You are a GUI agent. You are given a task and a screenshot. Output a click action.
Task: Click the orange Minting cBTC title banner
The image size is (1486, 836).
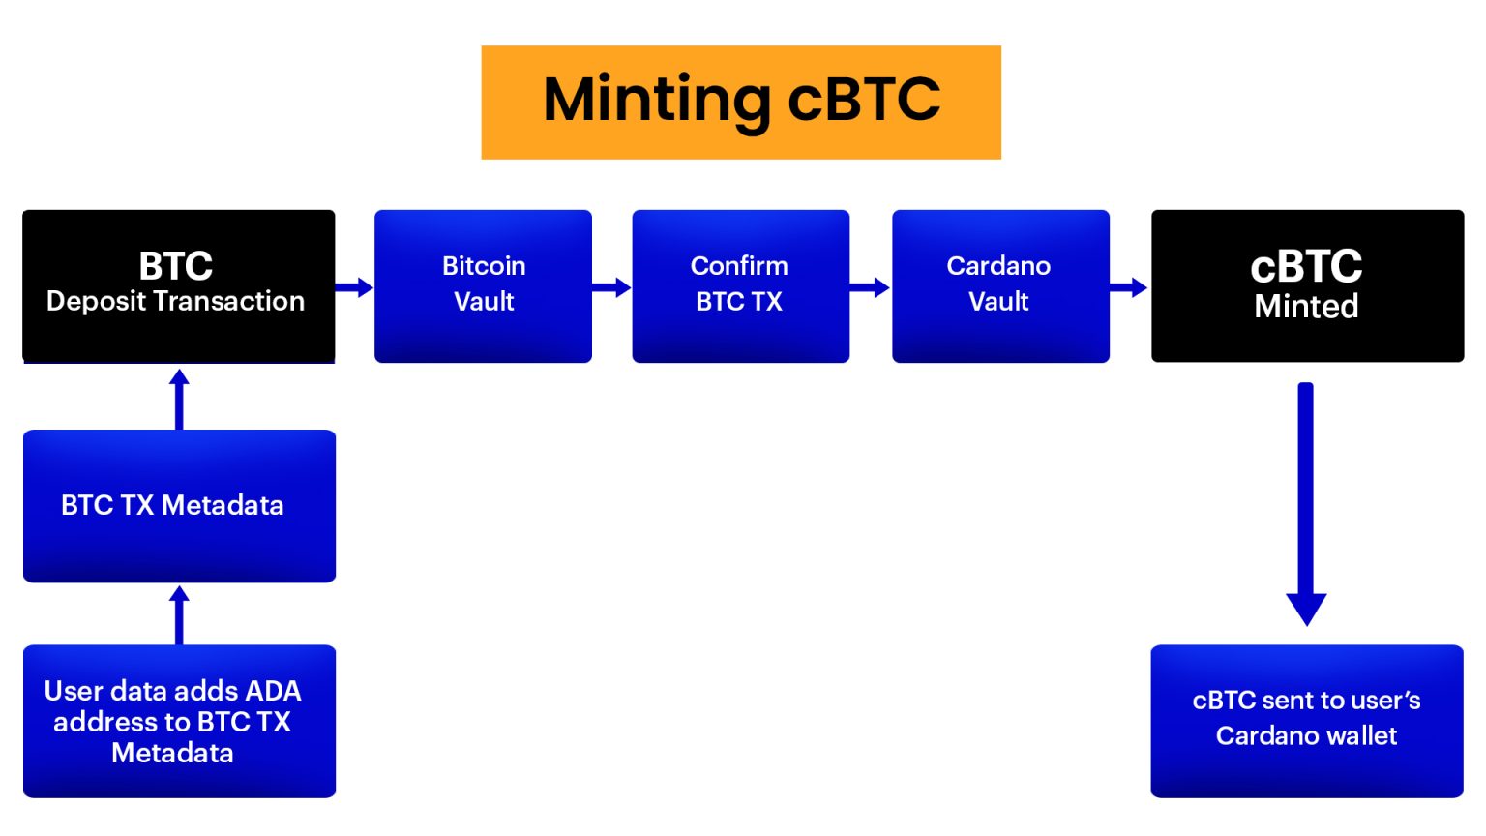pos(741,102)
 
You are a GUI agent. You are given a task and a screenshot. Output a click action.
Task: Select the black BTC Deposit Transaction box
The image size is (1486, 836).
pos(179,285)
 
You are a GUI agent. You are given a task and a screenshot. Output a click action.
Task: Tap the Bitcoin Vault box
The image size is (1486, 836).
pos(483,285)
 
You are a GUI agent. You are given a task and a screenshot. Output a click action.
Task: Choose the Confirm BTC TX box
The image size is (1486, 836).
pos(740,285)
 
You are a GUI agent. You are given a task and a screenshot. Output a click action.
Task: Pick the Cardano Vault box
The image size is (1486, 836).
pos(1000,285)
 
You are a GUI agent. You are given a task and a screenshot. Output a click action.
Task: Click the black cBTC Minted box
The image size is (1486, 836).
pos(1307,285)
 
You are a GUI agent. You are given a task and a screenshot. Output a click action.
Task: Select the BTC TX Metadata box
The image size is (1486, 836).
pos(179,505)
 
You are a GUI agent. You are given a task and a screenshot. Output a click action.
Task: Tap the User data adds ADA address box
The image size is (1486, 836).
pos(179,721)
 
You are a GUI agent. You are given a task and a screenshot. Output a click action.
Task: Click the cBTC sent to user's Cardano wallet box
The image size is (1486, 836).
pos(1306,721)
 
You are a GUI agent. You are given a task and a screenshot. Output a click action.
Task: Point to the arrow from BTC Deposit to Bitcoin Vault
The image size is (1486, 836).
pos(354,287)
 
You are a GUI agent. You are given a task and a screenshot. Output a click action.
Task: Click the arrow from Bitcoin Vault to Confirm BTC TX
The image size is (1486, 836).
pos(611,287)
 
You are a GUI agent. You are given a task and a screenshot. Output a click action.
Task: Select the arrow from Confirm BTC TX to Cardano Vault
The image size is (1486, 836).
pos(870,287)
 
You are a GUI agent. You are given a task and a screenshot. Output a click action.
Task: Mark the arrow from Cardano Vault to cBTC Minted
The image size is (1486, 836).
pos(1129,287)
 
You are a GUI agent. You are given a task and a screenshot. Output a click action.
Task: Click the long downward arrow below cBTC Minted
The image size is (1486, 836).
pos(1306,503)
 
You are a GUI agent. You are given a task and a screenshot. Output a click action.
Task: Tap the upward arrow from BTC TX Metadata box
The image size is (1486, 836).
pos(179,398)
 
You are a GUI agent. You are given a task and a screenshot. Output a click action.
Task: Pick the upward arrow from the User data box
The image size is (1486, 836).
pos(179,614)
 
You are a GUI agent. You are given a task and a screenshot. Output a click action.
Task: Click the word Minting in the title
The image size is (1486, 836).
pos(657,100)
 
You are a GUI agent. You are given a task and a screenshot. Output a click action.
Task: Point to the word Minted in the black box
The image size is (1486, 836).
pos(1306,307)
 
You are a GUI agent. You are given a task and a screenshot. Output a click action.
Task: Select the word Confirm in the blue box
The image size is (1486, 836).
pos(739,266)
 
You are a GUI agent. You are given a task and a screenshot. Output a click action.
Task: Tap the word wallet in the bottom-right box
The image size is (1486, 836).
pos(1360,736)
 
